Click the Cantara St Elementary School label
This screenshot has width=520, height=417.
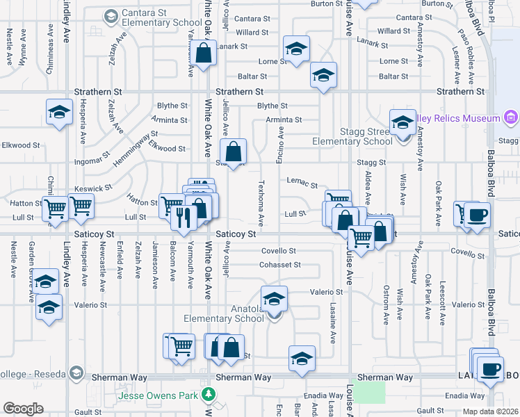pos(161,18)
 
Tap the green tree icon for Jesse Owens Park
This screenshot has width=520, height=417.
pos(207,395)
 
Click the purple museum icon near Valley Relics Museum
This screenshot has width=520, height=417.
pos(511,117)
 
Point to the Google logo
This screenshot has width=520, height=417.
pos(23,409)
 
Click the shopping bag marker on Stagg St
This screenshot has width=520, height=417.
pos(234,151)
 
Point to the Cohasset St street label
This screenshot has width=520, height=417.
pos(280,265)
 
